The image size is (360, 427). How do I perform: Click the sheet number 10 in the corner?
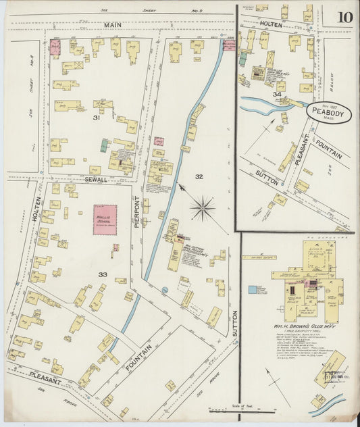coord(344,16)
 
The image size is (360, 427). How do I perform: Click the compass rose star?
coord(203,207)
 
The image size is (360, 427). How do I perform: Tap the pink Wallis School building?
coord(105,220)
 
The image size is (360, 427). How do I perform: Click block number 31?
coord(97,118)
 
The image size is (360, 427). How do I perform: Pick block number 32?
coord(199,176)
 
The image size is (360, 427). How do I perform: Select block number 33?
coord(102,274)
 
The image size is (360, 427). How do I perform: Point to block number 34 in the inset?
coord(276,95)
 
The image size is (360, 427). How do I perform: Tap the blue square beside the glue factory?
coord(252,290)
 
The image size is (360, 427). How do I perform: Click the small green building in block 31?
coord(104,144)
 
